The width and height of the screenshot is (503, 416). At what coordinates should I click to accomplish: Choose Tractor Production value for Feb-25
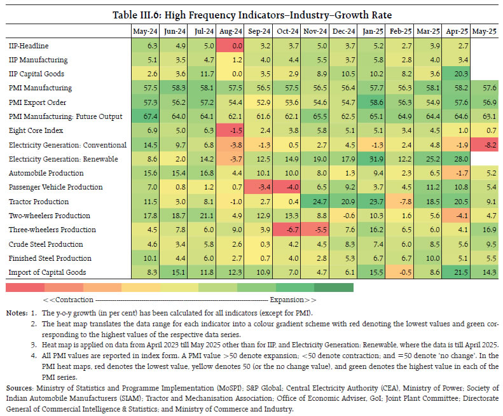pyautogui.click(x=401, y=202)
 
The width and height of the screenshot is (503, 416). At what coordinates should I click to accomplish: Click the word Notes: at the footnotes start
pyautogui.click(x=18, y=313)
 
